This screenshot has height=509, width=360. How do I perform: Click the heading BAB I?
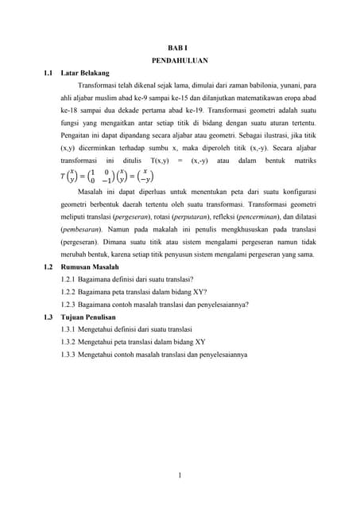(x=180, y=48)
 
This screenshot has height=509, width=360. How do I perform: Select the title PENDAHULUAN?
(x=180, y=60)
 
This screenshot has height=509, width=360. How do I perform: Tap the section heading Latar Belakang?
(x=84, y=73)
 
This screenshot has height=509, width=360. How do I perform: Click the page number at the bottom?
(x=180, y=476)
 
